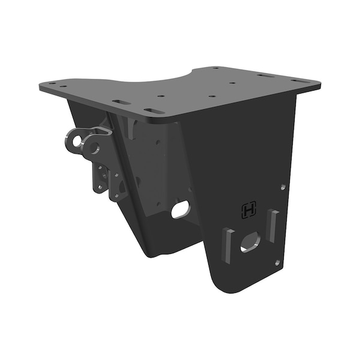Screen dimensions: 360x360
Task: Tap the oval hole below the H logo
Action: coord(250,242)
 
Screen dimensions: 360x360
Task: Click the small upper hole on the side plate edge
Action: coord(284,187)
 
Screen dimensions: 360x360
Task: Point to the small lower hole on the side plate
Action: coord(277,262)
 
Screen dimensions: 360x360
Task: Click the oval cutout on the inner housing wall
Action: coord(180,209)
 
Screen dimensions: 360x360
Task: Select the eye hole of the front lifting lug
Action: coord(94,146)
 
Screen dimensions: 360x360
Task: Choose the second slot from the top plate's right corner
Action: coord(264,75)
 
